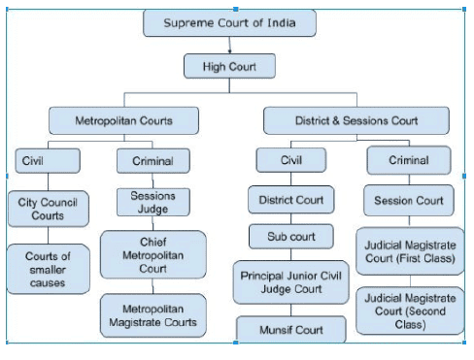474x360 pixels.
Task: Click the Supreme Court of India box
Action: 231,23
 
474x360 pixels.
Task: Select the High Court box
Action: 229,66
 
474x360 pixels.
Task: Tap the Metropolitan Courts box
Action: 124,121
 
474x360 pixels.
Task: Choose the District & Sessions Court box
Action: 355,121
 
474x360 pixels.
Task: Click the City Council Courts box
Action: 48,208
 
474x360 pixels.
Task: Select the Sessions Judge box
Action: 152,202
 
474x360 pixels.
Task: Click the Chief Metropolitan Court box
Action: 152,254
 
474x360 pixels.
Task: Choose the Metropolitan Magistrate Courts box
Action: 152,314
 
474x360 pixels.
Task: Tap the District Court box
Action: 291,201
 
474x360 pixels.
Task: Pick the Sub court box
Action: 291,236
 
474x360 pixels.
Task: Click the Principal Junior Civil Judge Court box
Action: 291,280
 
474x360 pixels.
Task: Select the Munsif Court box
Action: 291,330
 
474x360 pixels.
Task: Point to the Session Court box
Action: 409,201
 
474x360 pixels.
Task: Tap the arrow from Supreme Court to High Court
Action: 230,45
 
